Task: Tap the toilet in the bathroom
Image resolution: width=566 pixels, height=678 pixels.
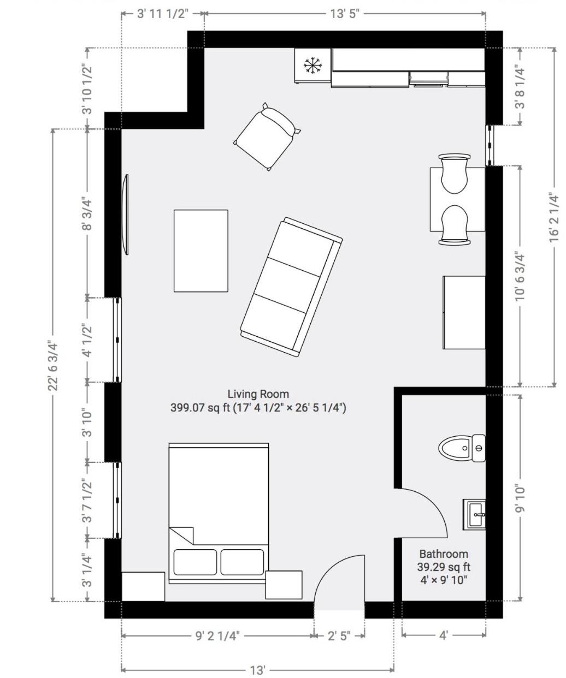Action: coord(462,448)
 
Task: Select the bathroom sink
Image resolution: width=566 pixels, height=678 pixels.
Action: coord(474,514)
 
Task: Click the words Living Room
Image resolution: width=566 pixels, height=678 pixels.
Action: coord(258,394)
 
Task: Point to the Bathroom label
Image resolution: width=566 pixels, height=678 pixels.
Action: coord(444,554)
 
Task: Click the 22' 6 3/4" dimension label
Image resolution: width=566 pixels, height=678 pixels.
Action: coord(54,365)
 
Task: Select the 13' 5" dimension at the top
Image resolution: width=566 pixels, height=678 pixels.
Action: coord(345,14)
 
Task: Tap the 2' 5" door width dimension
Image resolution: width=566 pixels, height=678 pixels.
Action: coord(339,636)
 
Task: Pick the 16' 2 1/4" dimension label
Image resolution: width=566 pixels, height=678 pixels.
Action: coord(555,217)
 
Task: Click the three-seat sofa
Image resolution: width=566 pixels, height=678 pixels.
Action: coord(291,287)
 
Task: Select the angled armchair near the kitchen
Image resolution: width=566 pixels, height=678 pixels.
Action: coord(267,136)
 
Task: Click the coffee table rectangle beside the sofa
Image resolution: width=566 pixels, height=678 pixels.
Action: coord(201,251)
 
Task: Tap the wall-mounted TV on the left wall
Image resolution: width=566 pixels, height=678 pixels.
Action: coord(126,215)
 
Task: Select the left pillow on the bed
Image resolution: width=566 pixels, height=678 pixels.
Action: coord(195,562)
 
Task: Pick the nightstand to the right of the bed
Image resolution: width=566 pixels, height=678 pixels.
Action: coord(284,585)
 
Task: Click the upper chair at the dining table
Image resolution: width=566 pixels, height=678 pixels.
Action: coord(454,174)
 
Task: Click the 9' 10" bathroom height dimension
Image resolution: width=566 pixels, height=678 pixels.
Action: coord(520,499)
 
